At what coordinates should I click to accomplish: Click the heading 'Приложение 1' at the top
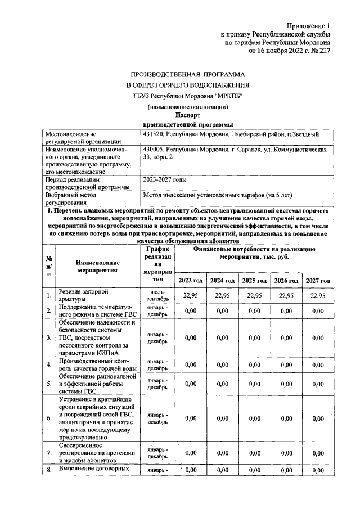tap(309, 26)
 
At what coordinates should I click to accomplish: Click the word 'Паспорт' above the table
tap(188, 115)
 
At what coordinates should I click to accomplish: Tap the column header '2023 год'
tap(191, 280)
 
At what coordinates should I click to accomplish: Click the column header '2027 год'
tap(318, 280)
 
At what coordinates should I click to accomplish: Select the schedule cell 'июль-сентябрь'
tap(158, 296)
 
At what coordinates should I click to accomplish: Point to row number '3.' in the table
tap(49, 337)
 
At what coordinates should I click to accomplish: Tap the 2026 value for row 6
tap(286, 418)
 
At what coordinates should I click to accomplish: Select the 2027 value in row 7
tap(318, 452)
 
